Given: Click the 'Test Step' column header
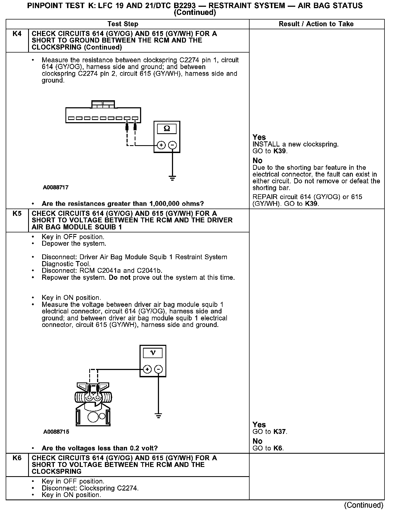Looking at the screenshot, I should click(x=123, y=24).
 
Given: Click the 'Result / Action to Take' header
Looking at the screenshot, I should click(x=316, y=24).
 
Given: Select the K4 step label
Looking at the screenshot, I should click(x=17, y=34).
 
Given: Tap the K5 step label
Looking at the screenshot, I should click(x=17, y=213).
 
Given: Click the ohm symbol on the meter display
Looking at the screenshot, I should click(x=167, y=128).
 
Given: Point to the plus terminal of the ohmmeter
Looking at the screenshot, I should click(x=161, y=145).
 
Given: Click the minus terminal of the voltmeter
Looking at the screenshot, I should click(x=158, y=369).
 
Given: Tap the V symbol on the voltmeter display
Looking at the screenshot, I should click(x=153, y=353).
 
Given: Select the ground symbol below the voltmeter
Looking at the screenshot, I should click(x=158, y=415).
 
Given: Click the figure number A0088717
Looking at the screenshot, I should click(x=55, y=187).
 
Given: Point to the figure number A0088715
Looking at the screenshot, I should click(x=56, y=431).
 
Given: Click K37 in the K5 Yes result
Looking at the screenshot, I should click(x=280, y=431).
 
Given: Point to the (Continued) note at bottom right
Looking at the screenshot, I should click(x=364, y=505).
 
